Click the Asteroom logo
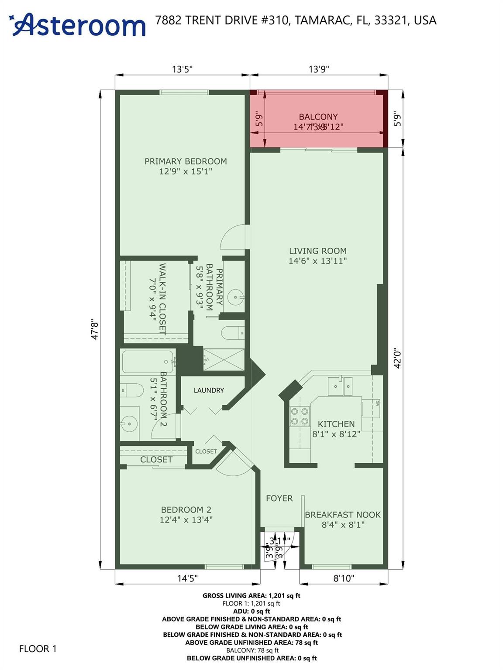click(x=78, y=24)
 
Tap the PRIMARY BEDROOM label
click(x=186, y=161)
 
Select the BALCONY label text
click(x=318, y=116)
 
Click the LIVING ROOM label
click(x=317, y=251)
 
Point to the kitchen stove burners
click(x=300, y=416)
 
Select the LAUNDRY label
click(x=209, y=390)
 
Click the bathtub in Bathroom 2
click(x=148, y=362)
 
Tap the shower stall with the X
click(x=224, y=359)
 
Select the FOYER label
click(x=279, y=498)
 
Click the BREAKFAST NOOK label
click(x=343, y=515)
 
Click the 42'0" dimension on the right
click(x=397, y=358)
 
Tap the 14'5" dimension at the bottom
click(x=187, y=578)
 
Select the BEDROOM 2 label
click(x=186, y=509)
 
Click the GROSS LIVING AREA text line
click(x=251, y=595)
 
